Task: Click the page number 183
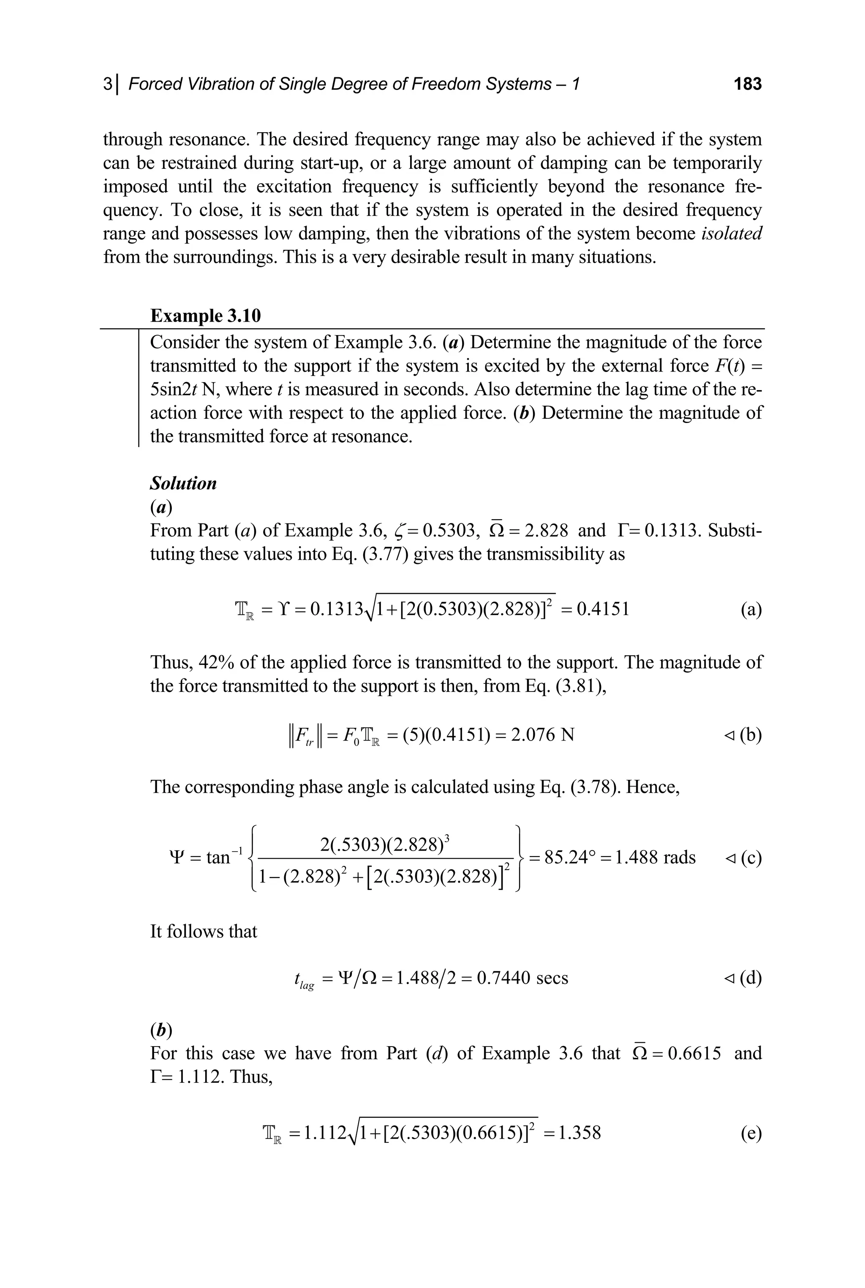coord(748,84)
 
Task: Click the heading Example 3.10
coord(205,315)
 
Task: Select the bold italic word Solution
coord(183,483)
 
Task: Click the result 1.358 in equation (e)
coord(579,1133)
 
